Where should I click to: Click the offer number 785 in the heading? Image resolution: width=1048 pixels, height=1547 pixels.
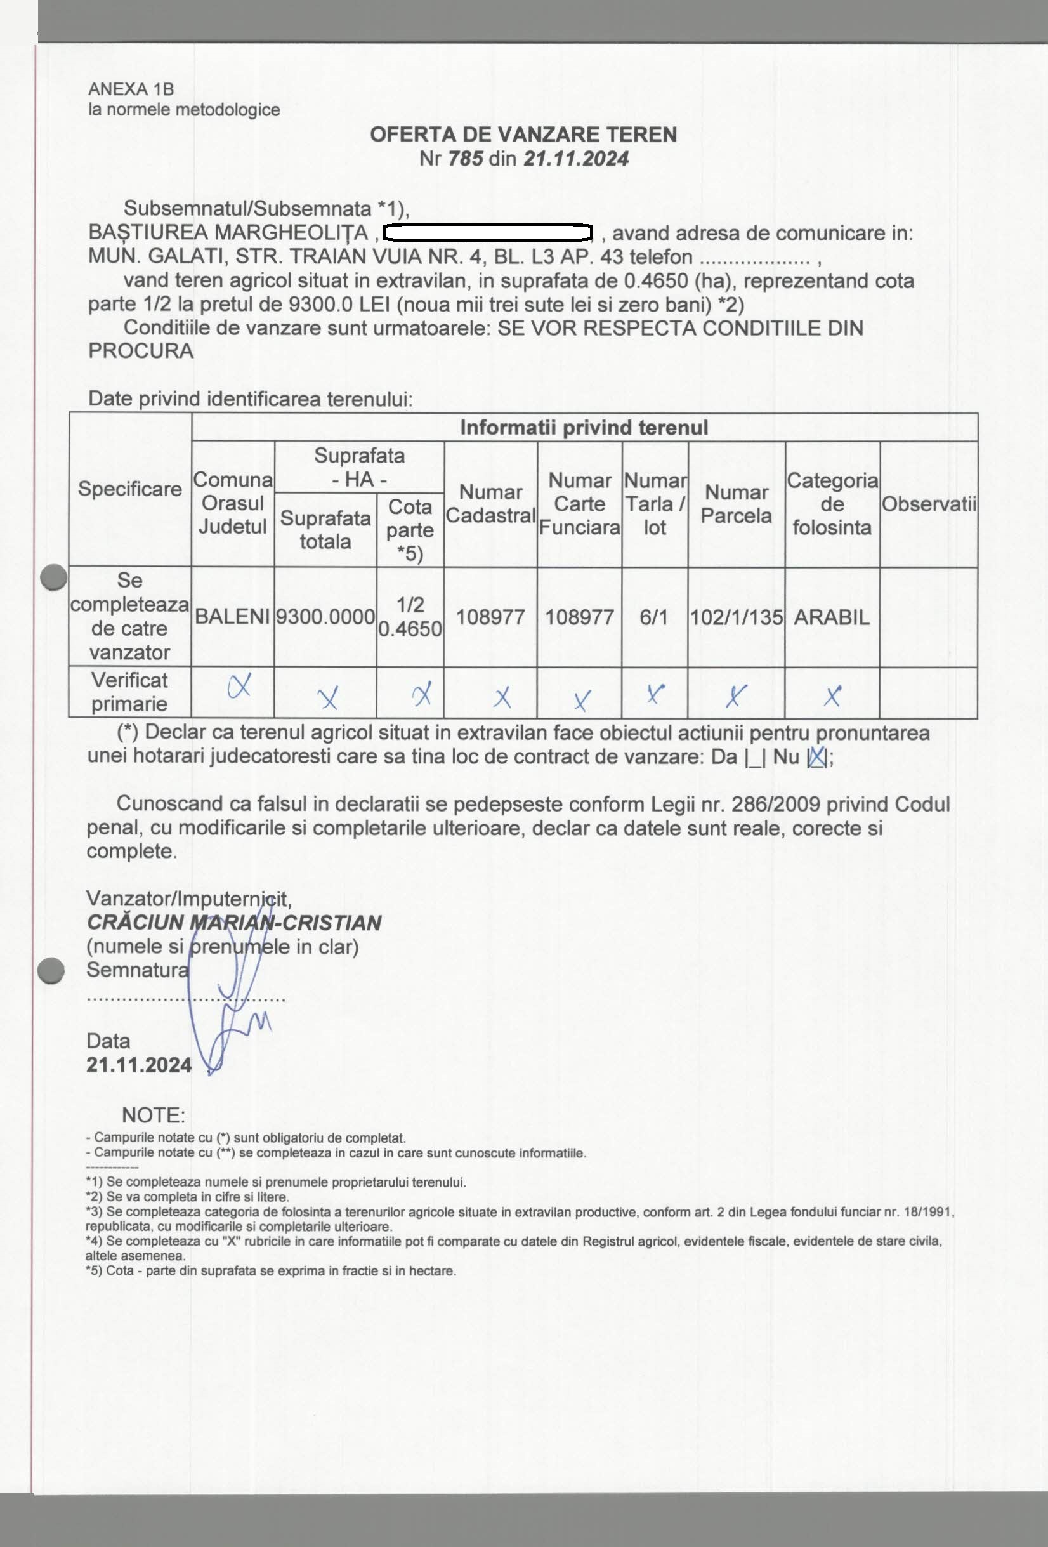pos(466,159)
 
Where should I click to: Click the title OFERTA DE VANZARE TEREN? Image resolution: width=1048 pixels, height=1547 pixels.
pos(523,135)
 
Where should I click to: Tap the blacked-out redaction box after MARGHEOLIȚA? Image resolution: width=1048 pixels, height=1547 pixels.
pos(488,233)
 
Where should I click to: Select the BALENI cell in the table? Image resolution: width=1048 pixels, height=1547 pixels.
pos(232,617)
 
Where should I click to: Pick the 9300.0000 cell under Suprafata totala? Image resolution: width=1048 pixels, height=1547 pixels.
pos(325,617)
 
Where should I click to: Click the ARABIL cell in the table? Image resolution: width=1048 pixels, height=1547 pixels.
pos(832,617)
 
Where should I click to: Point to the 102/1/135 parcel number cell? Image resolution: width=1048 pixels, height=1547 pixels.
pos(736,617)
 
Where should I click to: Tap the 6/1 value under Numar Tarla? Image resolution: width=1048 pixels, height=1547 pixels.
pos(653,617)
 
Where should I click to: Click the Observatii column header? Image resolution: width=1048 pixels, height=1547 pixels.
pos(929,504)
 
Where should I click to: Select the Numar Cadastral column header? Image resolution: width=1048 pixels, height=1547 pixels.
pos(490,504)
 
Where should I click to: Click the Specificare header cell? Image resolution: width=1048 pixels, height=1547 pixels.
pos(130,489)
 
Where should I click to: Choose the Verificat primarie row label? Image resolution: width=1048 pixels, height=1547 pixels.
pos(130,692)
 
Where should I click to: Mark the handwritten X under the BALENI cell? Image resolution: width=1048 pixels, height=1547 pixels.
pos(240,685)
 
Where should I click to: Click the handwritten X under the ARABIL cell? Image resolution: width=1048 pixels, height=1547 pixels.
pos(832,695)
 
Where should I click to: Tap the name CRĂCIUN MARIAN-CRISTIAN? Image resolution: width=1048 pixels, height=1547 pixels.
pos(233,923)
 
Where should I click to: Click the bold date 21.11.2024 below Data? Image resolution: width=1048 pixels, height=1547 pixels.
pos(139,1065)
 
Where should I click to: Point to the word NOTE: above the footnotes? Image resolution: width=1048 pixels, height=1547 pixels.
pos(153,1115)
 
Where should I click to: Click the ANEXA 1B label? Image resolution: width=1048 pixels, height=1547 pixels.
pos(131,89)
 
